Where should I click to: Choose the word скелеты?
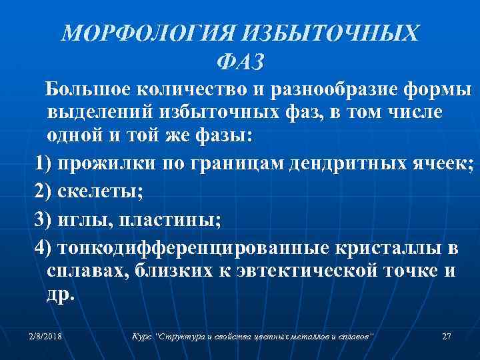coord(99,193)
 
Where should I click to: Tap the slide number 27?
coord(447,336)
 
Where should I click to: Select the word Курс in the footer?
coord(141,336)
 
